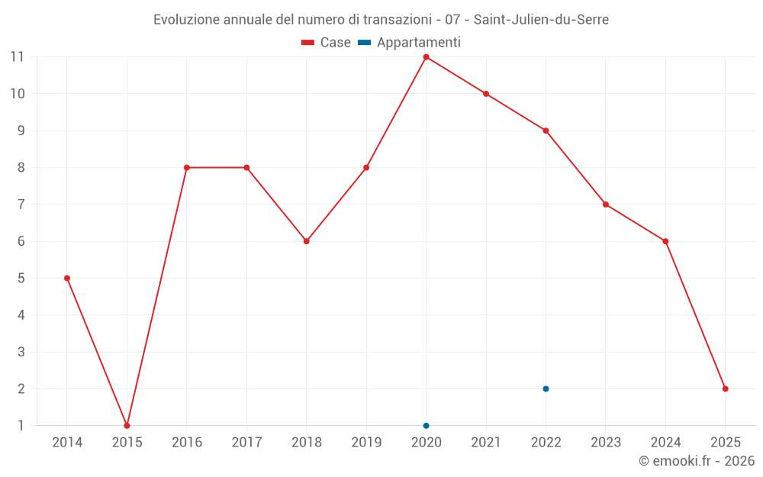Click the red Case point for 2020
[426, 57]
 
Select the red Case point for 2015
[127, 425]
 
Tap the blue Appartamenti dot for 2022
[546, 388]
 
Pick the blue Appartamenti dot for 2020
[426, 425]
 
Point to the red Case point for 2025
[725, 388]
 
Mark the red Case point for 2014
[67, 278]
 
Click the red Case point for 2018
[306, 241]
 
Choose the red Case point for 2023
[605, 205]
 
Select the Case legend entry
[326, 43]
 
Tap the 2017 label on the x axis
[246, 442]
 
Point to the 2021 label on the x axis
[485, 442]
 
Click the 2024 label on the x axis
[665, 442]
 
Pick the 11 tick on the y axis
[17, 57]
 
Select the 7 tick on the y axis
[21, 205]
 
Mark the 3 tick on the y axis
[21, 352]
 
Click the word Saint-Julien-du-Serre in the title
[541, 20]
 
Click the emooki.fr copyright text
[697, 461]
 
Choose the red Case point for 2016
[186, 167]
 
